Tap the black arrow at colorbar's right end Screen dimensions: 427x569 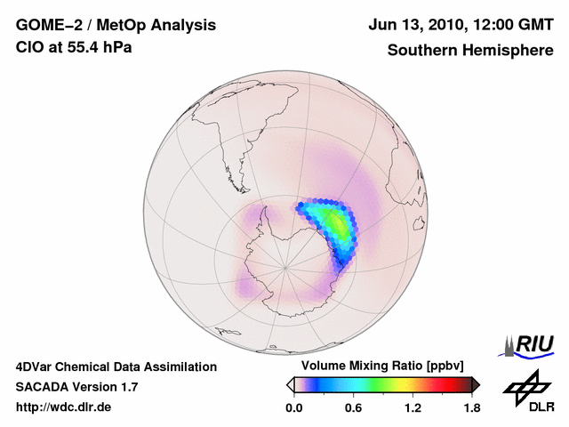[476, 384]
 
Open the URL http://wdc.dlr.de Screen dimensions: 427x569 [64, 407]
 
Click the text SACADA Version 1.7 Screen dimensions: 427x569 [76, 387]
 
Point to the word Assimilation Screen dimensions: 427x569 [177, 367]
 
